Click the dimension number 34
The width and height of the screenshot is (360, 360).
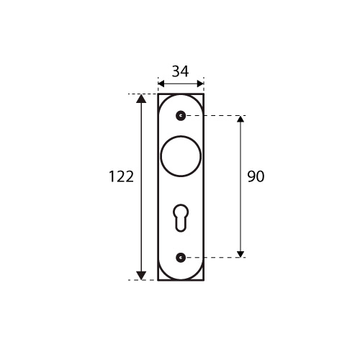(x=180, y=71)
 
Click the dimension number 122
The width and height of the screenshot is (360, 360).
(x=121, y=176)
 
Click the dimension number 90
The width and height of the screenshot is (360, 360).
(x=256, y=176)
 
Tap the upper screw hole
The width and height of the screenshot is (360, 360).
(x=181, y=116)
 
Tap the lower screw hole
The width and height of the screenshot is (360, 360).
(x=181, y=258)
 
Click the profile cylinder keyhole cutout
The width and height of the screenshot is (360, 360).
(x=181, y=218)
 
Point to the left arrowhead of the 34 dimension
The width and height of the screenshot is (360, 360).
(x=161, y=84)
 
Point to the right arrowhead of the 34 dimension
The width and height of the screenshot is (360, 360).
(x=200, y=84)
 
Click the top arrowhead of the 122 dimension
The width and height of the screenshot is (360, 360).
(x=141, y=99)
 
